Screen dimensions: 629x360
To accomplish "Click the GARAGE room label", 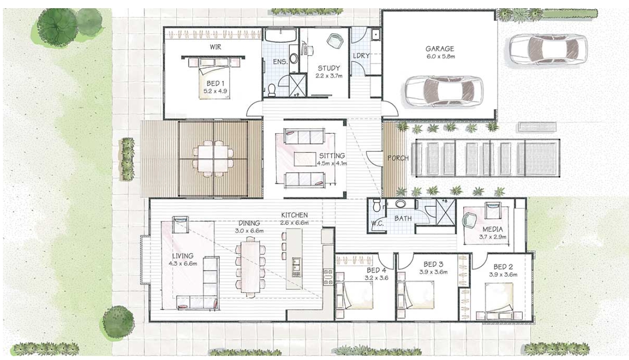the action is click(440, 49).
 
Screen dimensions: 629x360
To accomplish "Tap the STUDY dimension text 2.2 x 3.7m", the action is click(329, 76).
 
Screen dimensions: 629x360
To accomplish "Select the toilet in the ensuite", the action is click(272, 90).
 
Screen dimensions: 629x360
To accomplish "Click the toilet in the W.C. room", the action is click(376, 205).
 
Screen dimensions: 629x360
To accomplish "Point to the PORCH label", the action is click(398, 158).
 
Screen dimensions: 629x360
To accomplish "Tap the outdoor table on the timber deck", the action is click(213, 159).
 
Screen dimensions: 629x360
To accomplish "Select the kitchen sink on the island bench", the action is click(296, 267).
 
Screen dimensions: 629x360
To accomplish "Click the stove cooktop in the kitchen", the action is click(328, 277).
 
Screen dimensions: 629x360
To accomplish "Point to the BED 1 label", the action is click(215, 83).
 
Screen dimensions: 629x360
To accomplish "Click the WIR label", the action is click(216, 47).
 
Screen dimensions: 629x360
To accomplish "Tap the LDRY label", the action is click(361, 56).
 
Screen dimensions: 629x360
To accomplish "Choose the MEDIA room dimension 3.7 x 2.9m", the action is click(492, 237).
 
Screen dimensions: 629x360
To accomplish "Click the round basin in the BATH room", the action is click(400, 204).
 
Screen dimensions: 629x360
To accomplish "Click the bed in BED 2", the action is click(500, 302).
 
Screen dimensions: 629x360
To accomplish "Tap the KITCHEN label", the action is click(294, 215).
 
